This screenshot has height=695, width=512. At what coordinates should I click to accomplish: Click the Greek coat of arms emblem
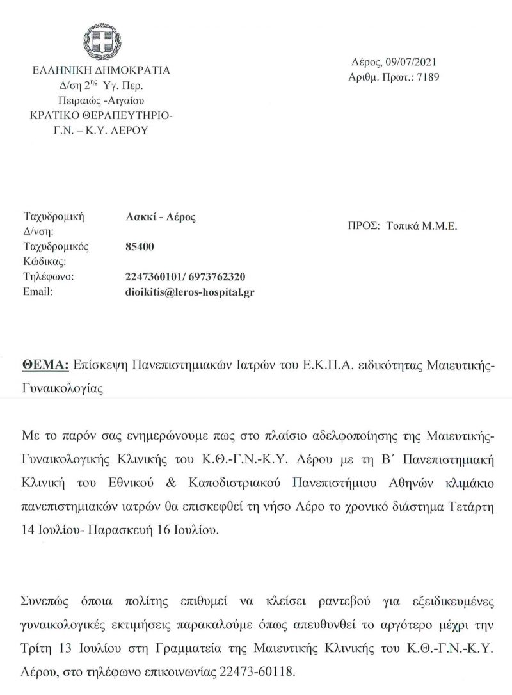click(x=100, y=40)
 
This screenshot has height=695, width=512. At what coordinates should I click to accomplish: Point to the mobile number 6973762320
click(x=217, y=276)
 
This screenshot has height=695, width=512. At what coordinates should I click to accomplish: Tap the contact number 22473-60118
click(x=266, y=673)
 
